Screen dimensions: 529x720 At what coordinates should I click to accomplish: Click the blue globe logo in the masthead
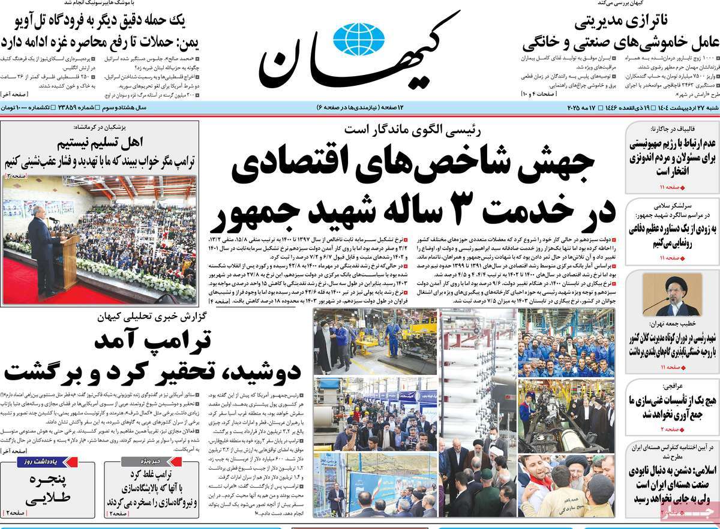[x=359, y=38]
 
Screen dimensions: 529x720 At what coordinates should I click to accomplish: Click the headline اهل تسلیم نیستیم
[x=97, y=144]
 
